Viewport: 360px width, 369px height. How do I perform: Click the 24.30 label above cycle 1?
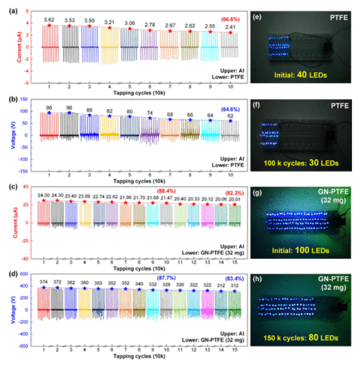point(43,196)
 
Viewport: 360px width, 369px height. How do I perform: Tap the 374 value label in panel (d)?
point(44,282)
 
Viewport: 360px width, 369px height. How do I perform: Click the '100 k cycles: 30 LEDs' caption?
point(300,163)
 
